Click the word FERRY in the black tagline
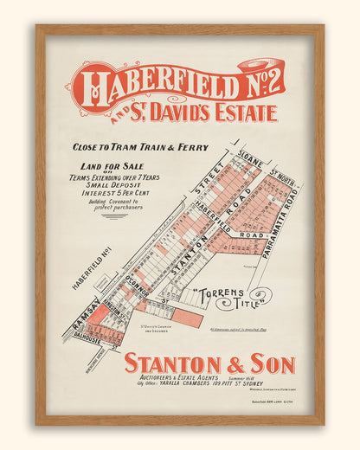(193, 147)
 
